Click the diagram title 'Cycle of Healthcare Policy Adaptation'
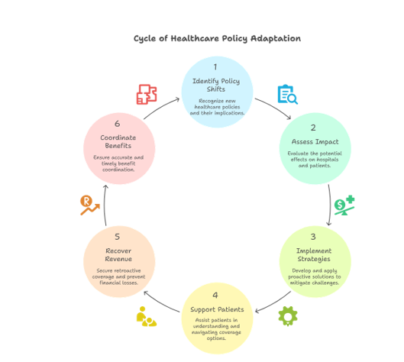coord(217,39)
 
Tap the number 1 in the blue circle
coord(215,67)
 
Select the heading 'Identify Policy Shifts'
coord(216,85)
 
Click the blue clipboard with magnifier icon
coord(288,94)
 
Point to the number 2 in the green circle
coord(313,128)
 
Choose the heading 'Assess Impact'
coord(315,142)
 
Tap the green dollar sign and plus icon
coord(344,205)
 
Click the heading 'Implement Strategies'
coord(314,255)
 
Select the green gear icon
coord(288,316)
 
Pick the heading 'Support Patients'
coord(217,309)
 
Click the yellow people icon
coord(146,316)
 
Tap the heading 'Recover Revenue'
coord(118,255)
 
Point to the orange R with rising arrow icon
coord(90,205)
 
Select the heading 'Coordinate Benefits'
coord(118,142)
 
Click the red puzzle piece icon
coord(147,94)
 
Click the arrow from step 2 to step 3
coord(330,205)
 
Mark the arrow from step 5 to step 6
coord(105,205)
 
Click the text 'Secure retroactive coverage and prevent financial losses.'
coord(119,276)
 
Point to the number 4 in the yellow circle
coord(215,296)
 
